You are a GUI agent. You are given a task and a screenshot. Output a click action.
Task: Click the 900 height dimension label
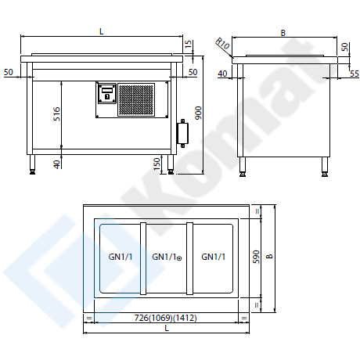(199, 113)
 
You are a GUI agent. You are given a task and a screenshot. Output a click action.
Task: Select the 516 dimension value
(56, 113)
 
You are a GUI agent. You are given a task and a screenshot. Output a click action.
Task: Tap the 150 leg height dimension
(157, 164)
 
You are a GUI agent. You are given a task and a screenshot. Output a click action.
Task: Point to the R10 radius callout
(223, 44)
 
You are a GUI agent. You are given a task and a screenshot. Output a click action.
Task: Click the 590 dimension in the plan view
(257, 257)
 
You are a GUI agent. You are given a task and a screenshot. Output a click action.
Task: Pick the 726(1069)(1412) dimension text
(166, 318)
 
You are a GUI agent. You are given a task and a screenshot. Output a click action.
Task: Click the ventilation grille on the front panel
(136, 99)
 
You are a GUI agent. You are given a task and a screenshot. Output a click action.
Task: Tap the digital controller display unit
(106, 93)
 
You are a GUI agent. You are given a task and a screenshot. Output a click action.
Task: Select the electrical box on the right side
(182, 133)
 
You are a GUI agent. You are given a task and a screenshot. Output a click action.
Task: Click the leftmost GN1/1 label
(121, 257)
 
